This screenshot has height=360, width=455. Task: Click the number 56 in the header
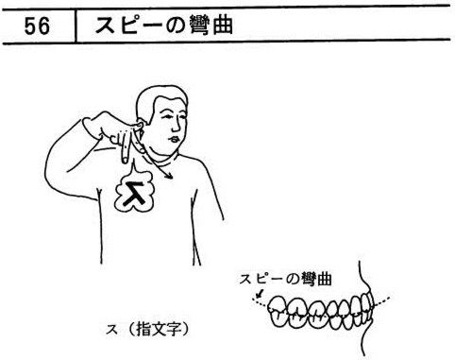coord(37,26)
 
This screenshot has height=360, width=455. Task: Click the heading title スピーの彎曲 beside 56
coord(163,26)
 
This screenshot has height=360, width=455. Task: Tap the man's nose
coord(177,125)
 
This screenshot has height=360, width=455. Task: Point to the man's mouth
coord(174,139)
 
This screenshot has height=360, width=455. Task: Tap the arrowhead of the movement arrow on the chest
coord(170,176)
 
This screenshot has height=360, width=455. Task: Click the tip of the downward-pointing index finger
coord(125,161)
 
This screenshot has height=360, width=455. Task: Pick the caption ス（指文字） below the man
coord(148,329)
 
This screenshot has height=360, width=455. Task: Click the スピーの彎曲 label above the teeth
coord(286,279)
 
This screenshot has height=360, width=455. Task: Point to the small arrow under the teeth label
coord(260,294)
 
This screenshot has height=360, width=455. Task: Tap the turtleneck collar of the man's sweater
coord(163,160)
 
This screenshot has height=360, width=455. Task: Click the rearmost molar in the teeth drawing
coord(278,311)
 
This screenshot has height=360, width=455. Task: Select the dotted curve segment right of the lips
coord(381,300)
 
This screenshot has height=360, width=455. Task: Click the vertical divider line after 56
coord(76,26)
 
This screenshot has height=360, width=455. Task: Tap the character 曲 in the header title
coord(223,26)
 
